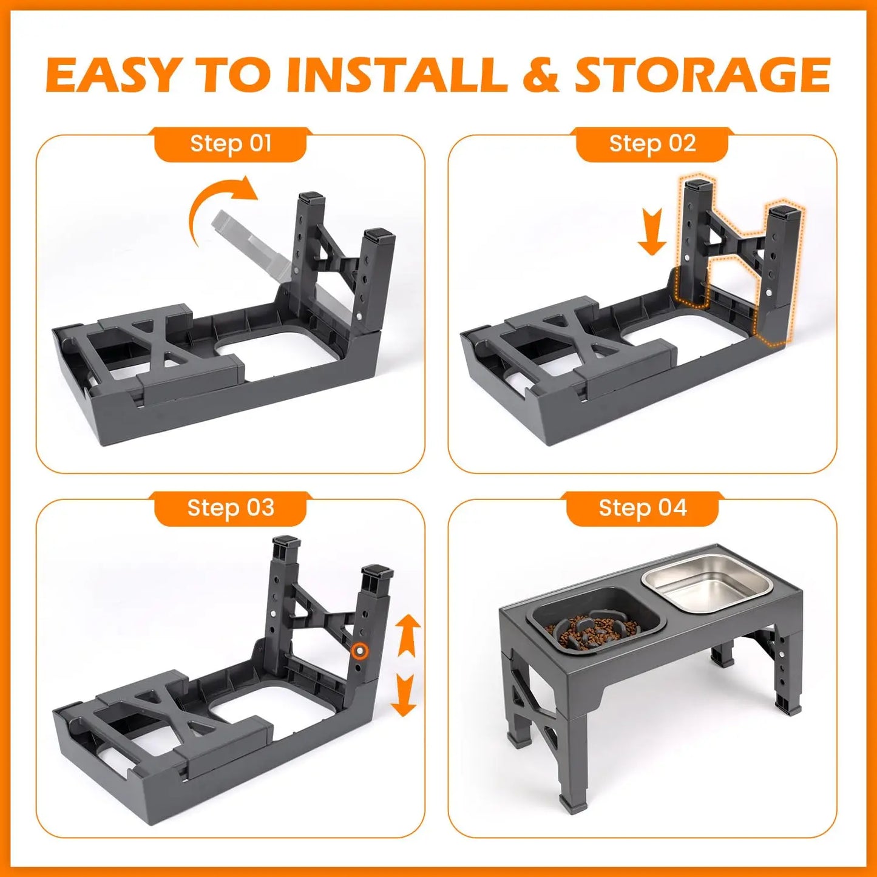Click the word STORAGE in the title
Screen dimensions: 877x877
702,76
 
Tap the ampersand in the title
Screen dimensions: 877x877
540,76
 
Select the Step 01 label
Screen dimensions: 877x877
231,144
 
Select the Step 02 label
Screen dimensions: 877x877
652,144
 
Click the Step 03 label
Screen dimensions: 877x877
231,508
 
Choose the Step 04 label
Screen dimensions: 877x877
642,508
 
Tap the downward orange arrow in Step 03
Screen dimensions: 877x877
403,696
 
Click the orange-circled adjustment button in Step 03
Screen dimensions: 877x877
360,651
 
